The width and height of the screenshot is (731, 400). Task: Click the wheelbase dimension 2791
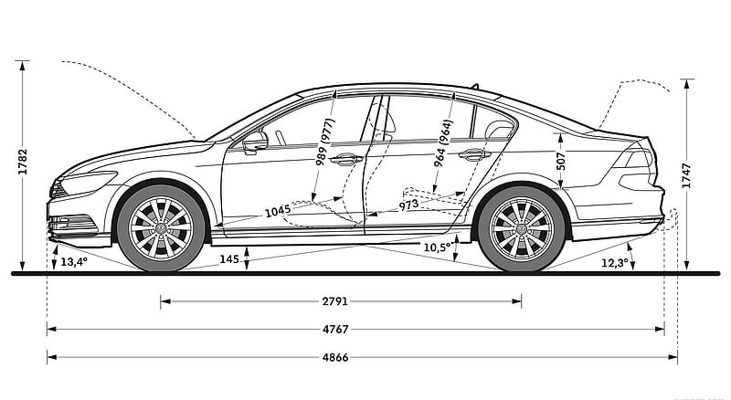(x=335, y=301)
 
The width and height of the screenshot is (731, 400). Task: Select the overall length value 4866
(x=335, y=358)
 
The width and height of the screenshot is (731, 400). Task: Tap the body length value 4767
(x=335, y=330)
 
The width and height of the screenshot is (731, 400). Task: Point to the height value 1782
(x=22, y=162)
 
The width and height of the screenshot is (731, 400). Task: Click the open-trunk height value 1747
(x=686, y=175)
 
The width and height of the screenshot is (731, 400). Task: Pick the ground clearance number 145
(x=229, y=259)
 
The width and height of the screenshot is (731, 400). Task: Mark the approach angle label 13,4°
(x=74, y=262)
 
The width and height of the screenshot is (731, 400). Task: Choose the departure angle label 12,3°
(x=614, y=263)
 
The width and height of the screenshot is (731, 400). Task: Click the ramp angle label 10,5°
(x=438, y=247)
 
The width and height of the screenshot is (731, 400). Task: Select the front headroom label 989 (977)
(x=325, y=142)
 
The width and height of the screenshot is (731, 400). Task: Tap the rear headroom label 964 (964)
(x=443, y=143)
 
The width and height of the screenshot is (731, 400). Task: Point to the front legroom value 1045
(x=278, y=211)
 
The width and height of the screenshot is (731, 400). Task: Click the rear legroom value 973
(x=408, y=205)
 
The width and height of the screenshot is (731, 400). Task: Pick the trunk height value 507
(x=561, y=161)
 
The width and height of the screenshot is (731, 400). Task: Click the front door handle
(x=346, y=159)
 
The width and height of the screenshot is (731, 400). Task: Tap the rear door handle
(x=474, y=154)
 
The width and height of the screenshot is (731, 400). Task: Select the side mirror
(x=255, y=142)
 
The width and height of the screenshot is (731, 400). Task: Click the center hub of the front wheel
(x=161, y=228)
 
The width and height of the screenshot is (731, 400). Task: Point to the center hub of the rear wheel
(x=521, y=229)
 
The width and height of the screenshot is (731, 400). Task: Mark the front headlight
(x=89, y=183)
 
